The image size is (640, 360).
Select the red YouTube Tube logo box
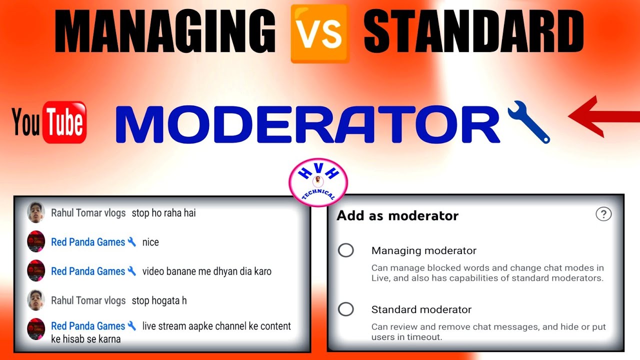64,122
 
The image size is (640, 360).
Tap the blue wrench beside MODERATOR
529,122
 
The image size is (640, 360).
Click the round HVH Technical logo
318,182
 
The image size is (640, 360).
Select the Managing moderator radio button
345,250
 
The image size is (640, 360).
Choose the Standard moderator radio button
345,309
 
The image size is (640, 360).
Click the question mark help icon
603,214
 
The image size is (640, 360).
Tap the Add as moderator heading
397,215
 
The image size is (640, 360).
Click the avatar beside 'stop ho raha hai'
36,212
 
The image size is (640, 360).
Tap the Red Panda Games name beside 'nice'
88,242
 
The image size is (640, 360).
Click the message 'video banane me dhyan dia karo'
207,271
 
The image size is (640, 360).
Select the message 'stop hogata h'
159,300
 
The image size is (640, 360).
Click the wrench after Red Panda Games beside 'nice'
132,242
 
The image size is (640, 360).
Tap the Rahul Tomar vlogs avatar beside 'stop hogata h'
36,300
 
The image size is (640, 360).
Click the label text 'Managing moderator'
423,250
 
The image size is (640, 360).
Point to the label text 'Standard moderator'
421,309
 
